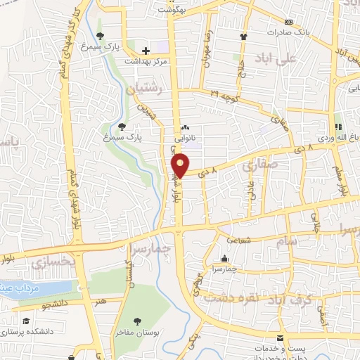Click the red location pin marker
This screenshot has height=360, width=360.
pos(180,165)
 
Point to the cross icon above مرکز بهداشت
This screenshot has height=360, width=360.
pos(146,51)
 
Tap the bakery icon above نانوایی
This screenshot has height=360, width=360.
pos(186,128)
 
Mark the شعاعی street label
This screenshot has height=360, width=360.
pos(239,240)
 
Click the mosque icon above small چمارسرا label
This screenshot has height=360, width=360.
pos(224,259)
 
